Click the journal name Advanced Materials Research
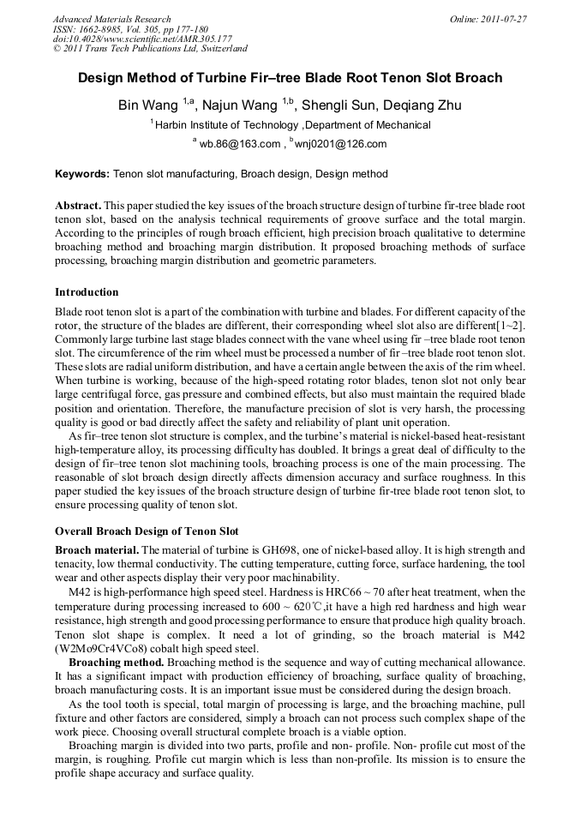tap(111, 18)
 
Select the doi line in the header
tap(142, 39)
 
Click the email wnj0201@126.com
tap(340, 144)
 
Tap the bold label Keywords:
tap(82, 174)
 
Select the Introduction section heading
tap(87, 292)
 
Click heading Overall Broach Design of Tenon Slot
tap(147, 531)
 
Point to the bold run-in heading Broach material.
tap(97, 549)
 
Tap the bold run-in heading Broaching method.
tap(116, 663)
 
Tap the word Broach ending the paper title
tap(476, 78)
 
